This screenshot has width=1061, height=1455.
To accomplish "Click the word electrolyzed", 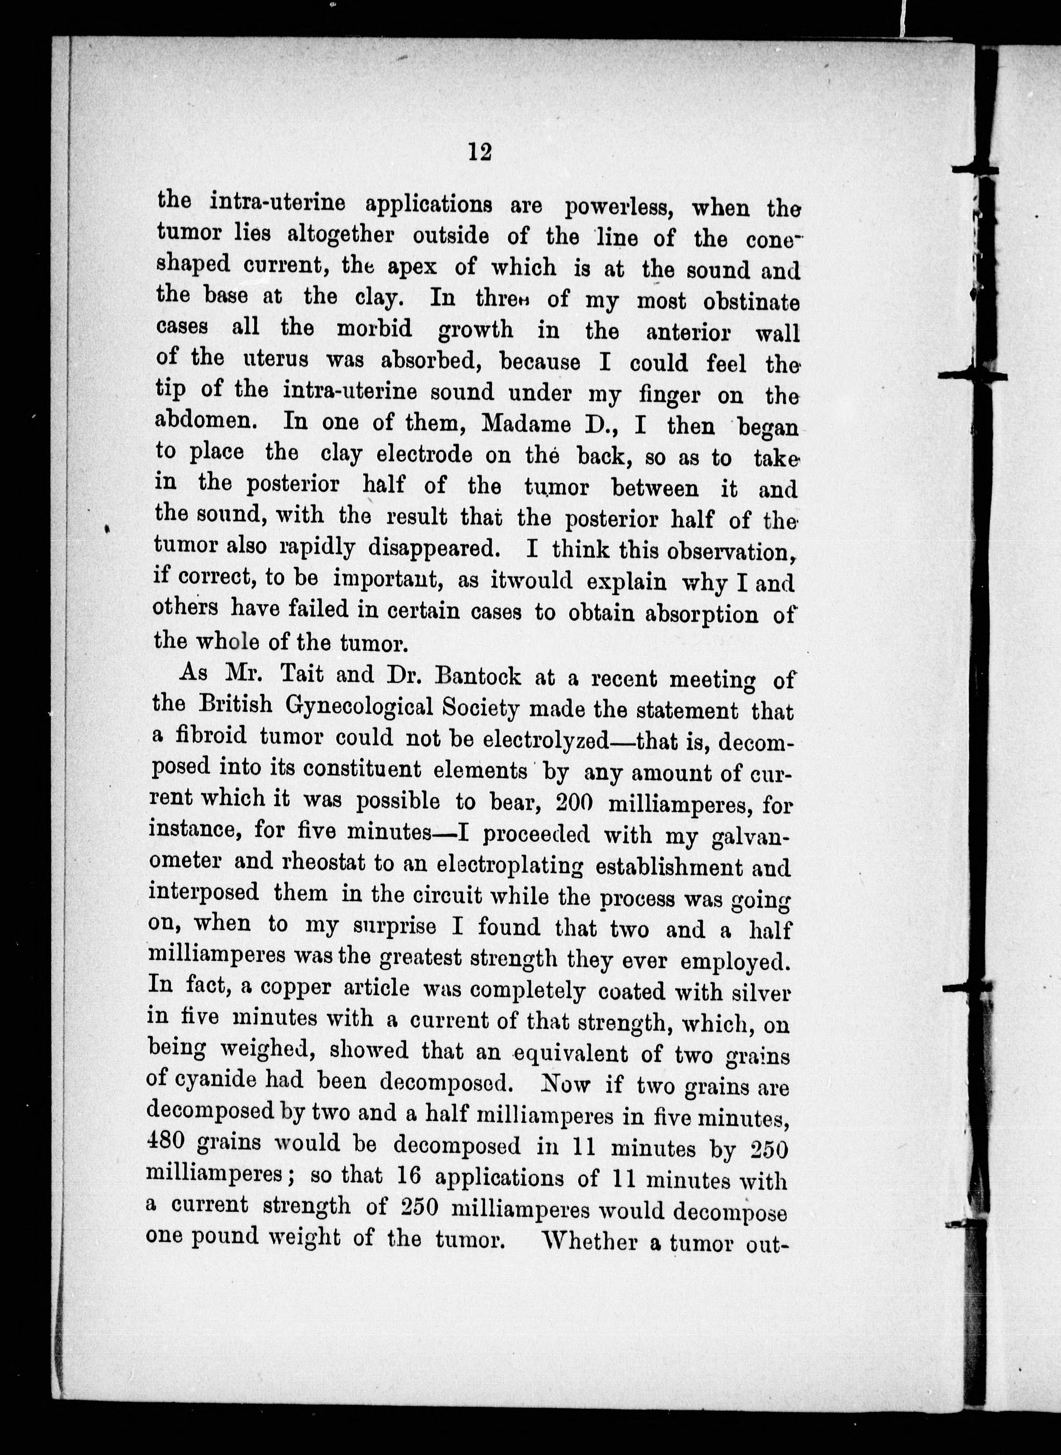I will (545, 739).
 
